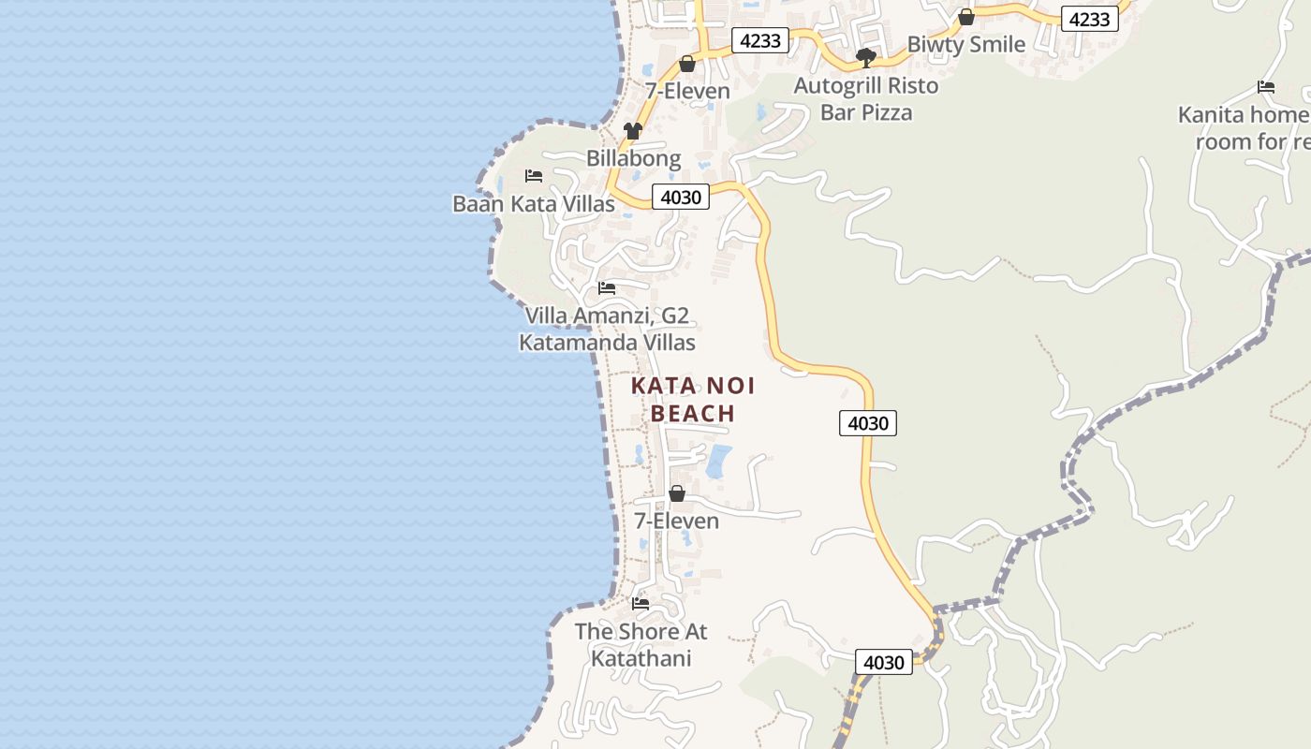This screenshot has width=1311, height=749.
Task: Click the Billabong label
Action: [x=633, y=158]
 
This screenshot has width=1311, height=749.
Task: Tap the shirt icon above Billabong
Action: [x=633, y=131]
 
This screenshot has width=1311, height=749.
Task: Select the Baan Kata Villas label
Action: [x=534, y=204]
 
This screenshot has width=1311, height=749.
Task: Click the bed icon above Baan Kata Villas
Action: [x=534, y=176]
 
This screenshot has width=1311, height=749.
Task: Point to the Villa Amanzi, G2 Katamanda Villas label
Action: [x=607, y=330]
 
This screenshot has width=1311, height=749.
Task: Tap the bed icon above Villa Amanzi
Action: [x=607, y=288]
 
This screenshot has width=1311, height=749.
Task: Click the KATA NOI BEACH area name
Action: [x=693, y=400]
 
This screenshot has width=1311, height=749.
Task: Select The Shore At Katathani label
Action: [x=641, y=645]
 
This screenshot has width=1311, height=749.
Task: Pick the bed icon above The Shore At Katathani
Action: [x=641, y=604]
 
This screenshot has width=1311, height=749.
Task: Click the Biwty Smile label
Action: [x=966, y=44]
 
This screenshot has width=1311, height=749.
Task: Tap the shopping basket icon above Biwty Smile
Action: [x=966, y=18]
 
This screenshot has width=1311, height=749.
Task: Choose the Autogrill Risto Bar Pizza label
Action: [x=866, y=99]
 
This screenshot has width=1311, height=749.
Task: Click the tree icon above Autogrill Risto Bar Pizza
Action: [x=866, y=58]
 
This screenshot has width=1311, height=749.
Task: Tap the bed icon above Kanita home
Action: [x=1266, y=87]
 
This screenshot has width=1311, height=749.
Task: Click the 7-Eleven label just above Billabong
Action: [x=687, y=91]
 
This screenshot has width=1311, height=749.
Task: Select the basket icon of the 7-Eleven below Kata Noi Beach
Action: [x=677, y=493]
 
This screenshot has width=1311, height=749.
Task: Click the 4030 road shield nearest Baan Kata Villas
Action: [x=681, y=198]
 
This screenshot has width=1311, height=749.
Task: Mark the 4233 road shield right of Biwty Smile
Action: [x=1090, y=19]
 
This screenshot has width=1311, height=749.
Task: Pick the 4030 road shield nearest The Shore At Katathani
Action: [x=883, y=663]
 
